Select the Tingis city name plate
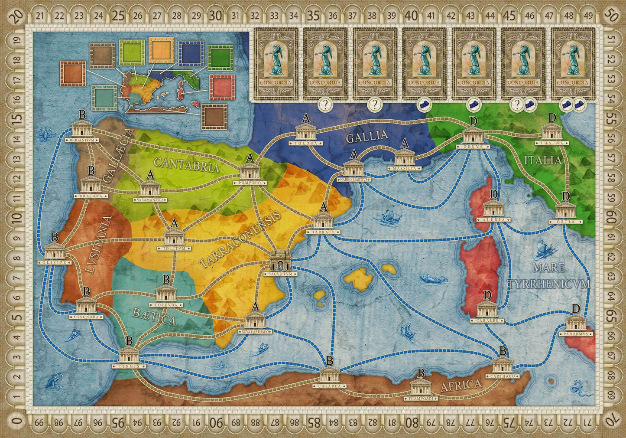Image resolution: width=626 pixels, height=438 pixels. coord(129,366)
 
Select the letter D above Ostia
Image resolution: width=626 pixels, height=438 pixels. coord(565,196)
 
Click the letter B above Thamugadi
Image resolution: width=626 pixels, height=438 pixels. coord(420,373)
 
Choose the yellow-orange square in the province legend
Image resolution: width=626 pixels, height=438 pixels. coord(161,50)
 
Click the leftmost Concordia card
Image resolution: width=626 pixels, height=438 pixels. coord(276,64)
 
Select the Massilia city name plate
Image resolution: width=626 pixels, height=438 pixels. coord(404,168)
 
